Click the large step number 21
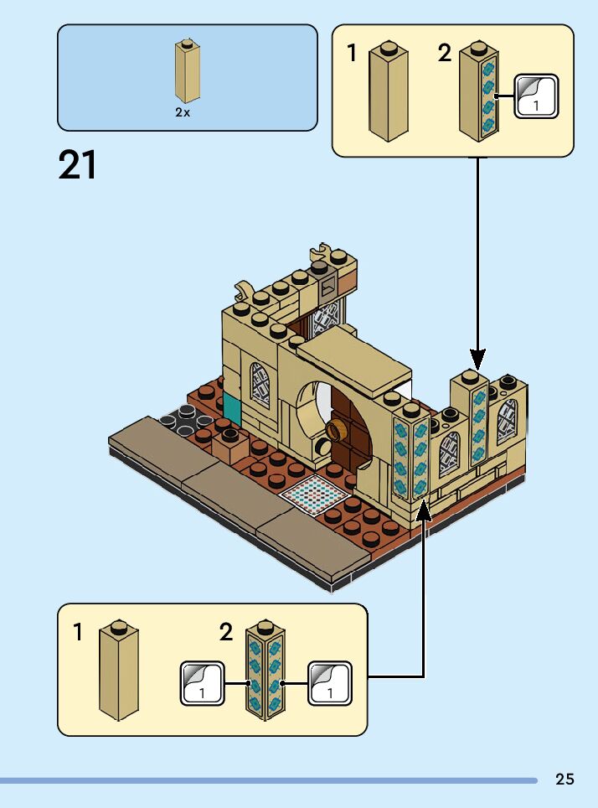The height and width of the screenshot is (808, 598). pyautogui.click(x=78, y=165)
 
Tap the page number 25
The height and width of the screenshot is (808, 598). pyautogui.click(x=564, y=780)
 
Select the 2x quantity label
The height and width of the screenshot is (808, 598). pyautogui.click(x=183, y=112)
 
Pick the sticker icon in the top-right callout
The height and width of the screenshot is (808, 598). pyautogui.click(x=535, y=96)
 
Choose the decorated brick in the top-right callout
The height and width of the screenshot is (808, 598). pyautogui.click(x=479, y=89)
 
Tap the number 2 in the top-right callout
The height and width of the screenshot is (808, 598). pyautogui.click(x=444, y=54)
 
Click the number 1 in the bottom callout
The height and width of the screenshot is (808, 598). pyautogui.click(x=78, y=632)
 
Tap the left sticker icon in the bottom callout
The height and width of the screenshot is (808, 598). pyautogui.click(x=202, y=683)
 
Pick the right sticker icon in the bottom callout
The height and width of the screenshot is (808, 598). pyautogui.click(x=330, y=683)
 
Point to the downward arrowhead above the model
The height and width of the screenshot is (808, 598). pyautogui.click(x=477, y=359)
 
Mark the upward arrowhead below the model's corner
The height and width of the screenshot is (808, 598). pyautogui.click(x=424, y=509)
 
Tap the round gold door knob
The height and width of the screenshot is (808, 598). pyautogui.click(x=338, y=431)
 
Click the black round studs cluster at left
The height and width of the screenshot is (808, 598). pyautogui.click(x=183, y=417)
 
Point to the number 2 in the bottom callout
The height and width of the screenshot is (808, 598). pyautogui.click(x=226, y=632)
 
